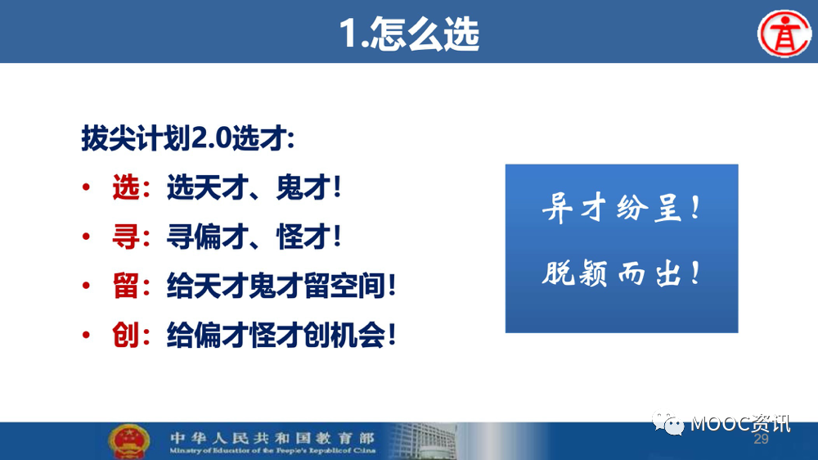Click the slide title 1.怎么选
(409, 34)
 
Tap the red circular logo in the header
(784, 34)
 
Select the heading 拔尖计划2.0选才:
(188, 138)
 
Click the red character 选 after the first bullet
(126, 187)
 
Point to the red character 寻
(126, 237)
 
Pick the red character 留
(126, 286)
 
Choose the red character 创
(126, 335)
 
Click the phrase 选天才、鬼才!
(254, 187)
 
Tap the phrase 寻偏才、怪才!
(254, 237)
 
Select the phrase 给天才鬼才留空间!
(281, 286)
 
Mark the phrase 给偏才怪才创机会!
(281, 335)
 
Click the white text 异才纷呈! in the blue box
(621, 208)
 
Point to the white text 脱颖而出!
(621, 273)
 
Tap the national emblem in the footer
(129, 441)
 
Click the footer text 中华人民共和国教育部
(272, 438)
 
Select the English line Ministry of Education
(272, 450)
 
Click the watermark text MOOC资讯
(740, 424)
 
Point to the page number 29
(761, 439)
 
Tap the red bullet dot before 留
(86, 286)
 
